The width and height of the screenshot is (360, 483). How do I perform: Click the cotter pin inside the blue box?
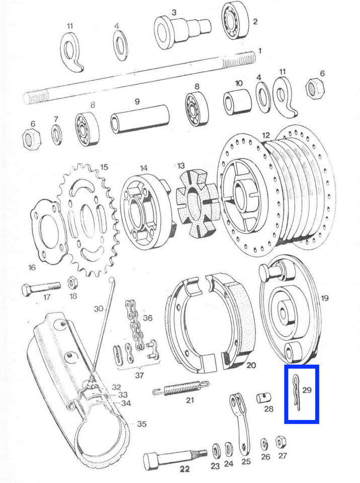point(296,393)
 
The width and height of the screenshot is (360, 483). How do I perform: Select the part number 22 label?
point(185,469)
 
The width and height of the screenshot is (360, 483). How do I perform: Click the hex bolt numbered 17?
point(41,289)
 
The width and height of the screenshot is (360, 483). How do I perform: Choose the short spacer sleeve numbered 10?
point(237,103)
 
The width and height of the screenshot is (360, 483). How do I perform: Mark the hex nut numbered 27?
point(281,442)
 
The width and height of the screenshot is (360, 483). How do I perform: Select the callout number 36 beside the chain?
point(147,317)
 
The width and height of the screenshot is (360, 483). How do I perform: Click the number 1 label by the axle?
point(259,51)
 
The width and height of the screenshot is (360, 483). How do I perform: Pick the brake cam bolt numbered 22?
point(175,459)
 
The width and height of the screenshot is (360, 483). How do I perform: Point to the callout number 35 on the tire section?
point(141,424)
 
